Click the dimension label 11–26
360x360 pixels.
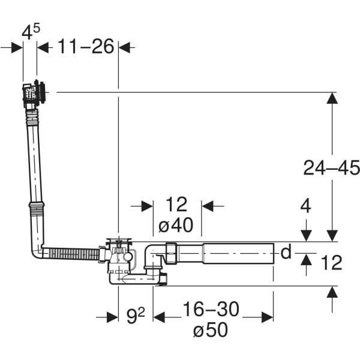pos(86,46)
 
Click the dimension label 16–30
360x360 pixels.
pos(211,309)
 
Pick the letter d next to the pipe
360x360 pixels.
pos(286,253)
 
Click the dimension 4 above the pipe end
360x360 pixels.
pos(306,206)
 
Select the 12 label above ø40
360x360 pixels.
pos(176,205)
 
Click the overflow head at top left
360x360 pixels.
pos(35,94)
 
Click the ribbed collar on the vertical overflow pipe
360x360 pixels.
pos(36,208)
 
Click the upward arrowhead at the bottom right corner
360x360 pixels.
pos(332,292)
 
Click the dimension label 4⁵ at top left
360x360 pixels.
pos(30,32)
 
